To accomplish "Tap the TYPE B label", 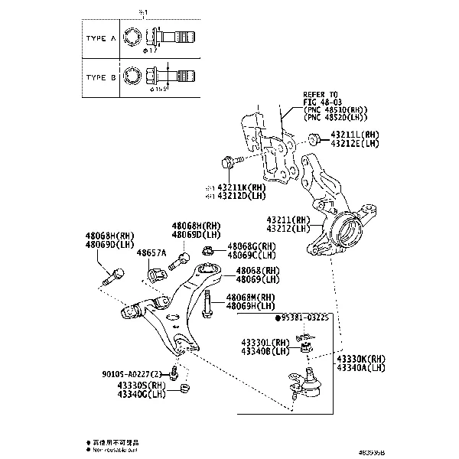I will click(x=99, y=77).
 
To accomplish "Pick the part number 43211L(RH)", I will click(x=354, y=135).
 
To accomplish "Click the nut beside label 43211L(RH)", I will click(x=314, y=138).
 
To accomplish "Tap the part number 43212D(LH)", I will click(x=240, y=196).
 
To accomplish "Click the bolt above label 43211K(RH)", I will click(x=228, y=162).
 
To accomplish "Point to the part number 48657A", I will click(x=151, y=252).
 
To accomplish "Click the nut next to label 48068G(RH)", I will click(x=210, y=250).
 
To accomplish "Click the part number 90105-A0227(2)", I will click(x=133, y=374).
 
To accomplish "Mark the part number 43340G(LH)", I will click(x=142, y=394).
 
